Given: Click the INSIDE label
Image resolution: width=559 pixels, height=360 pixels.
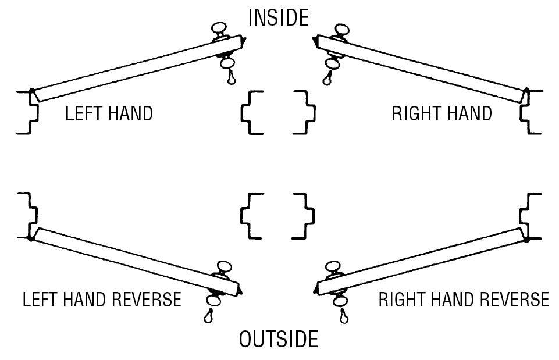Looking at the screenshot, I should [x=279, y=17].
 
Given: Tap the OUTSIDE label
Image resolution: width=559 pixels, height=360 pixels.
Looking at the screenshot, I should [x=279, y=339].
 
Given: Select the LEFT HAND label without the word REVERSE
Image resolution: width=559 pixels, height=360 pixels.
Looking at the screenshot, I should [x=109, y=113].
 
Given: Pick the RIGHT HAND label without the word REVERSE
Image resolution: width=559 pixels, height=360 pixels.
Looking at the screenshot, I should [x=441, y=113].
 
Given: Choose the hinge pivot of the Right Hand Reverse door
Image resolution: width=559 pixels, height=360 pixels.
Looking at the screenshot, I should [x=527, y=237].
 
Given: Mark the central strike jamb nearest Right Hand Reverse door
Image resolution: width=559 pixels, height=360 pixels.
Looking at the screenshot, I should [x=304, y=216].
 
